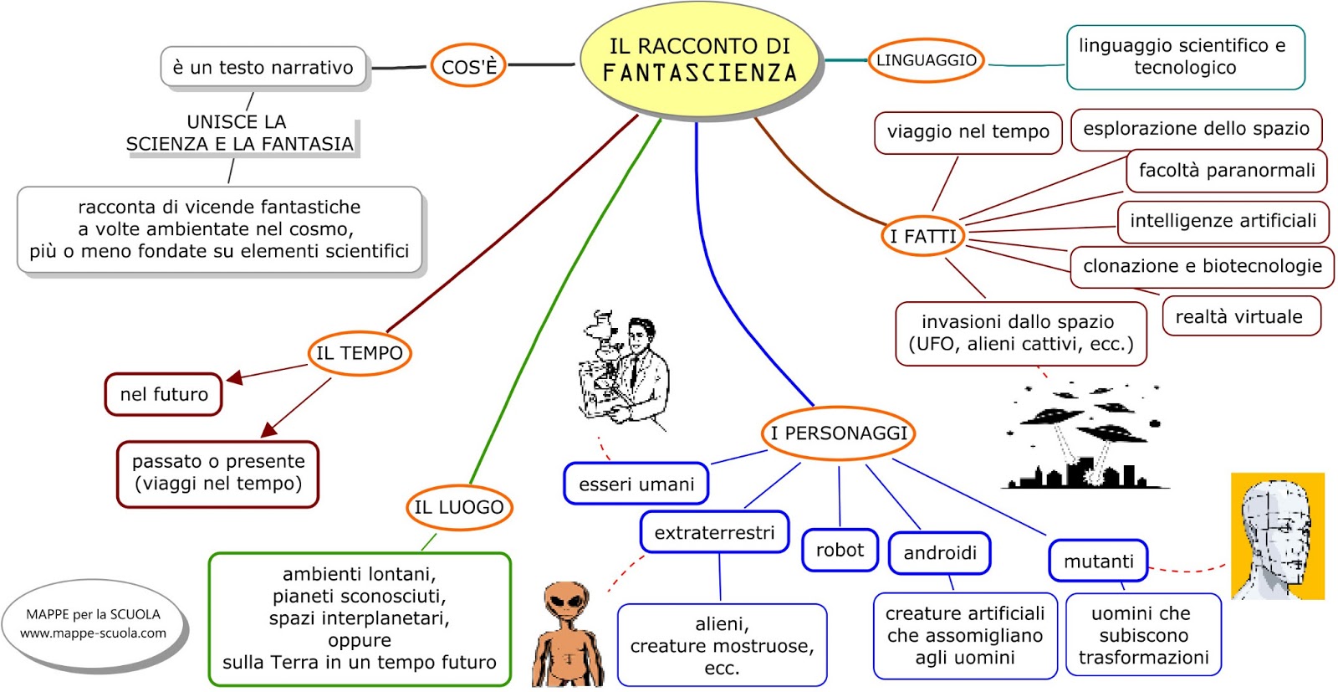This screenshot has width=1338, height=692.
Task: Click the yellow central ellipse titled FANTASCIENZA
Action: click(700, 61)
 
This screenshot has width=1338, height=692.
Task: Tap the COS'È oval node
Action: click(468, 66)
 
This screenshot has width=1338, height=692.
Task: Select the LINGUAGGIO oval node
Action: click(926, 59)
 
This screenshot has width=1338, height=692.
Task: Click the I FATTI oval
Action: click(923, 236)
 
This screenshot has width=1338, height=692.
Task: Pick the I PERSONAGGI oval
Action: click(838, 433)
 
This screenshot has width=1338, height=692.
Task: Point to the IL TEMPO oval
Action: click(360, 352)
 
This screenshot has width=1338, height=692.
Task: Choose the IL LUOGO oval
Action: click(459, 507)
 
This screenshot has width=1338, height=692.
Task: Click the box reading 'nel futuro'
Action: click(164, 394)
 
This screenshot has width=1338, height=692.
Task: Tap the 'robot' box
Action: click(840, 550)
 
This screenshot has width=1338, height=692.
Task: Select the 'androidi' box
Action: click(940, 553)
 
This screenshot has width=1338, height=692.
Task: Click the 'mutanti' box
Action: click(1099, 561)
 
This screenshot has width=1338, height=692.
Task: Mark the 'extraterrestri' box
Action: click(714, 532)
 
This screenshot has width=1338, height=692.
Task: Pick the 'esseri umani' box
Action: click(636, 484)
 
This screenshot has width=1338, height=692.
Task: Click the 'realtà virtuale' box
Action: click(1241, 316)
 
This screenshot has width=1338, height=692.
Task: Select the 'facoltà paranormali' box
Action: click(1226, 171)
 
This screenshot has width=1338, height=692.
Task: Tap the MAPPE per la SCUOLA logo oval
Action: click(93, 624)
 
